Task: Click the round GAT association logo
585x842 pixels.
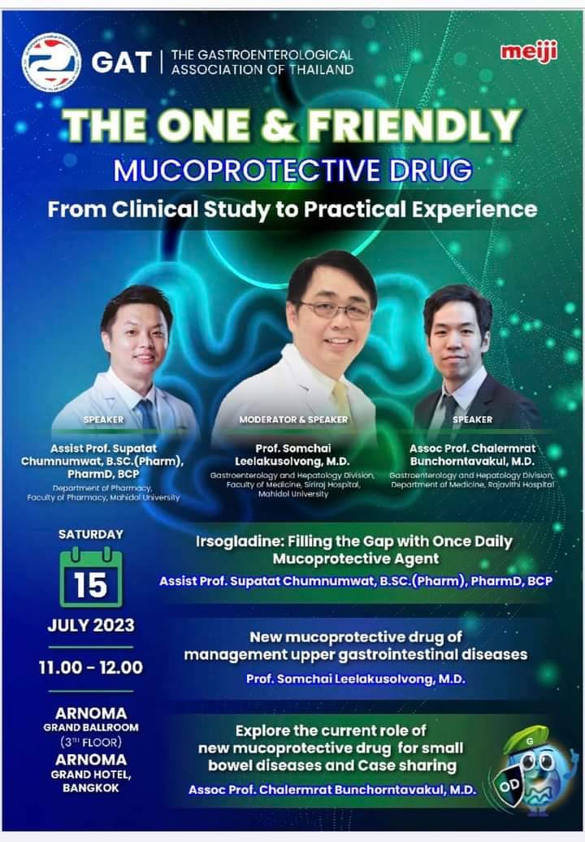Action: pos(51,63)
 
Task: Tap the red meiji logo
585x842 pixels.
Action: pos(529,52)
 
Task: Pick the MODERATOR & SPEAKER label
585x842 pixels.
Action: pos(293,419)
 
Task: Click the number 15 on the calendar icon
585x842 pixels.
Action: pos(91,585)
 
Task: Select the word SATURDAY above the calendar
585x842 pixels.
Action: pos(91,534)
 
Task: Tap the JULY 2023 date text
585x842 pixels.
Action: pos(91,625)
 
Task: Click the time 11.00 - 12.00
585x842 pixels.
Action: pos(91,667)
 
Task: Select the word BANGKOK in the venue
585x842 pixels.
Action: pos(91,788)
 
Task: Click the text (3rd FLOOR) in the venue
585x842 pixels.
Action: pos(91,742)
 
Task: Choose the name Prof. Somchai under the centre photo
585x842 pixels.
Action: pos(293,449)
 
